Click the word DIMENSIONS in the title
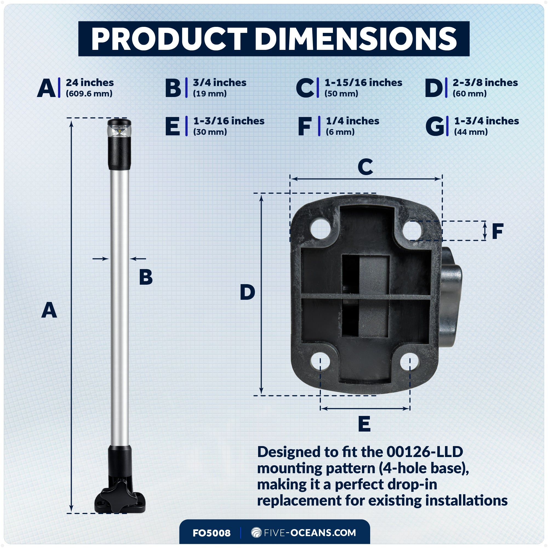click(x=356, y=39)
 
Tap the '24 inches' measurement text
click(x=90, y=82)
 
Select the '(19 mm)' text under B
click(x=210, y=94)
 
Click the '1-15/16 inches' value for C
click(x=363, y=82)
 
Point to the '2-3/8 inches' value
click(x=485, y=82)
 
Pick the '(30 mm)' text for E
click(x=210, y=132)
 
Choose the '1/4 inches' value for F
click(x=352, y=121)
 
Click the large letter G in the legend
click(x=434, y=126)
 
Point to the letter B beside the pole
click(x=146, y=277)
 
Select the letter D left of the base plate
click(x=247, y=292)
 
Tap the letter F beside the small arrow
click(x=498, y=231)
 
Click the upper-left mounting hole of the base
click(x=321, y=228)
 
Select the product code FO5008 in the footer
click(x=212, y=533)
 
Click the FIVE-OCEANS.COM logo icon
click(x=256, y=532)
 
